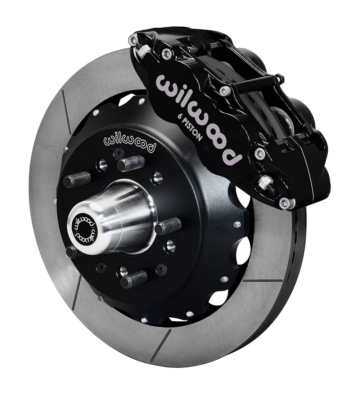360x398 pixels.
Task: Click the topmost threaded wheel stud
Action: coord(131,163)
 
